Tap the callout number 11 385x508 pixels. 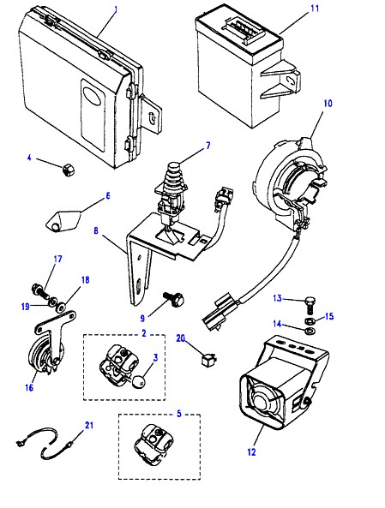(315, 8)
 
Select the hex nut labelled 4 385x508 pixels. (69, 170)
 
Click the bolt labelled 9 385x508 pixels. (174, 298)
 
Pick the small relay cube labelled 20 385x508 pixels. (209, 360)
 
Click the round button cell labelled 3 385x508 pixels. (139, 381)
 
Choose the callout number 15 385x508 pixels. (329, 316)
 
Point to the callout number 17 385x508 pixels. (57, 260)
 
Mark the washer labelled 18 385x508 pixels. (60, 307)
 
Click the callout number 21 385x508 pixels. (89, 425)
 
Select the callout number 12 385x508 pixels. (252, 452)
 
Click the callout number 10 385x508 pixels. (328, 104)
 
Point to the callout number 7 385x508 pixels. (208, 146)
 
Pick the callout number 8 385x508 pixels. (96, 231)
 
